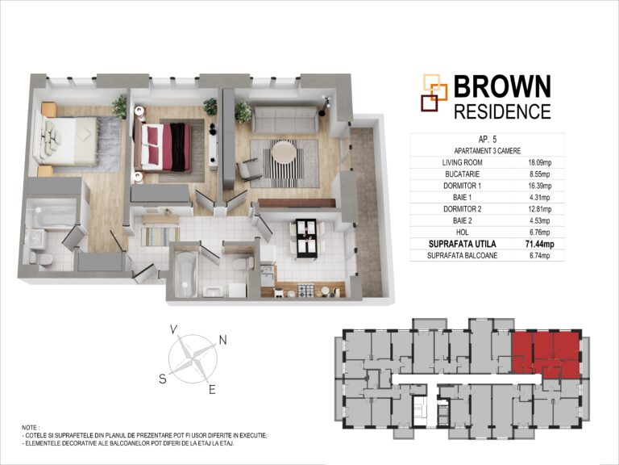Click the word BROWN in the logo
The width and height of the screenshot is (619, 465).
click(502, 86)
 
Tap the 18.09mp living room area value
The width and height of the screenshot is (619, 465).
click(540, 162)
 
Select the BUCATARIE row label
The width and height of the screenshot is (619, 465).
click(463, 174)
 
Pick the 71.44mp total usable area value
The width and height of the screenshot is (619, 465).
click(540, 245)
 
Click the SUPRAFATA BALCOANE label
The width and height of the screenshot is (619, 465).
click(463, 256)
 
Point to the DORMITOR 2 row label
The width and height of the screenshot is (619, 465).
click(463, 209)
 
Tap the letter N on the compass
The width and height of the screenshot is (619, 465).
click(223, 340)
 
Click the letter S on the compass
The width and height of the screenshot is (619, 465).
click(163, 379)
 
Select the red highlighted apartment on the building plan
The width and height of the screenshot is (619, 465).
click(546, 354)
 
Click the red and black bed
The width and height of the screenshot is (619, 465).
click(163, 147)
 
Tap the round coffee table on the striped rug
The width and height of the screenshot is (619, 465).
click(283, 152)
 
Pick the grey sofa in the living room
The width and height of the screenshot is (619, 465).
click(285, 119)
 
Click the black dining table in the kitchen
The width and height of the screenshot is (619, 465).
click(306, 238)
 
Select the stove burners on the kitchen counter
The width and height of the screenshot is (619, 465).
click(305, 291)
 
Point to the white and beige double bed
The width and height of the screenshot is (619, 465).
click(66, 141)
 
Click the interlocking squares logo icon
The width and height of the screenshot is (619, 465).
click(434, 93)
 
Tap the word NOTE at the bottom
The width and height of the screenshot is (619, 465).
click(30, 428)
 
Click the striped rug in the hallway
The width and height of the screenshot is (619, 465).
click(160, 236)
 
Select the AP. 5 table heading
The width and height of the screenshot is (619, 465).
click(487, 140)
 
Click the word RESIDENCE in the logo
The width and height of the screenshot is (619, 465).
click(502, 111)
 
